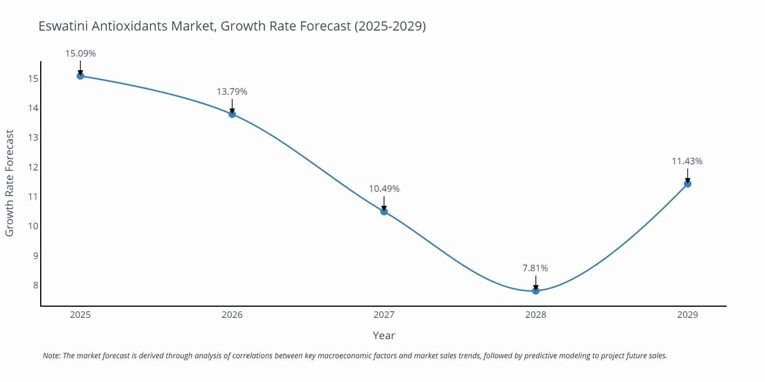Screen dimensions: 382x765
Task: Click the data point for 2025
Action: (x=80, y=76)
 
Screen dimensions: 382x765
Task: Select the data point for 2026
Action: (x=232, y=114)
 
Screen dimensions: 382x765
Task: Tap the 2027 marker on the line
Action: (x=384, y=211)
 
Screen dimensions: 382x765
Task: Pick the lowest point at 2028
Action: (x=536, y=291)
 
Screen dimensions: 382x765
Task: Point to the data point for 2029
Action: (x=687, y=184)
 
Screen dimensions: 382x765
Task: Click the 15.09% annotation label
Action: (x=80, y=53)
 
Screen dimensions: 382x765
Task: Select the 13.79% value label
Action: (x=232, y=92)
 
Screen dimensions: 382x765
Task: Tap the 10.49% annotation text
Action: (x=384, y=189)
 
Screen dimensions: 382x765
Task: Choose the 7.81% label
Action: (x=535, y=268)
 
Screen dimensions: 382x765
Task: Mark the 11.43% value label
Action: (x=687, y=161)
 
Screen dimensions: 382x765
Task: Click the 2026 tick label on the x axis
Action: (x=232, y=315)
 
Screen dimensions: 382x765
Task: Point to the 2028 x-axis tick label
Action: (x=536, y=315)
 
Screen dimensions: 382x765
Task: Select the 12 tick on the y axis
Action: (x=33, y=167)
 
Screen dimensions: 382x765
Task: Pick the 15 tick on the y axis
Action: (x=33, y=79)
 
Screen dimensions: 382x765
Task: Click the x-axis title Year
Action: (x=384, y=335)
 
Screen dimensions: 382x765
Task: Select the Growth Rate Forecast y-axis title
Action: (x=10, y=183)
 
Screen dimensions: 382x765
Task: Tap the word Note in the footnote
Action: (x=51, y=356)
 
